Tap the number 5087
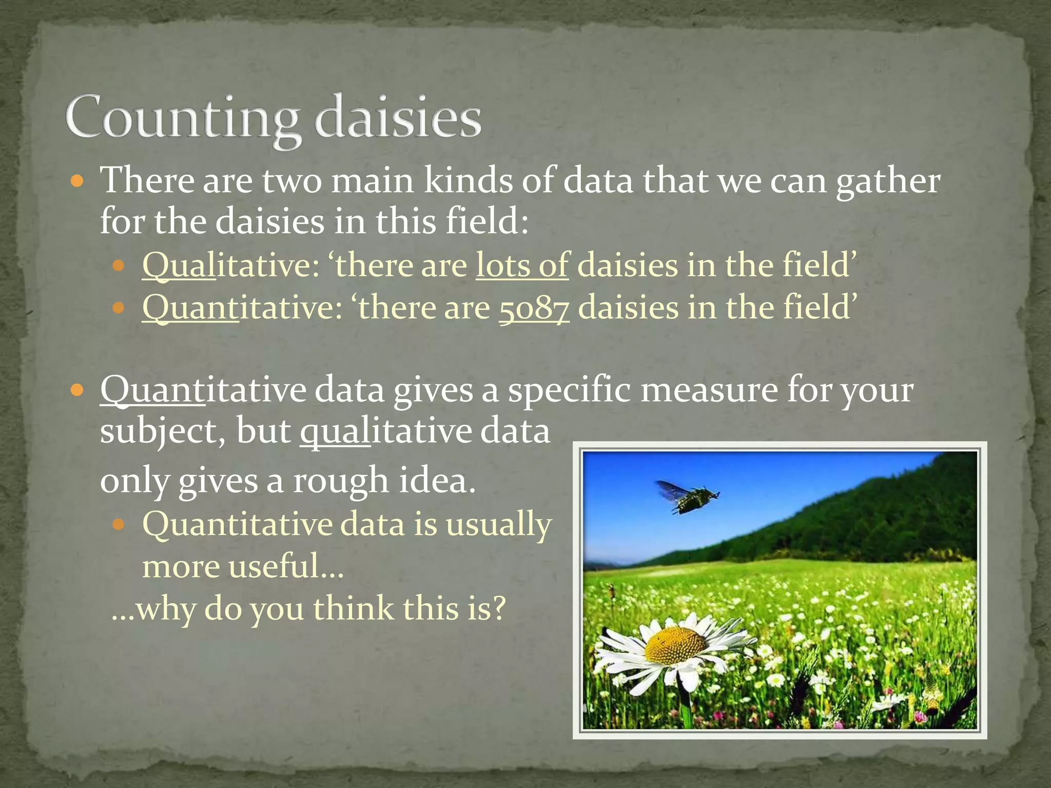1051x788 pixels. click(534, 308)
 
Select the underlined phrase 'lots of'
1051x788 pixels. click(522, 265)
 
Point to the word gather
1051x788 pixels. click(888, 182)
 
